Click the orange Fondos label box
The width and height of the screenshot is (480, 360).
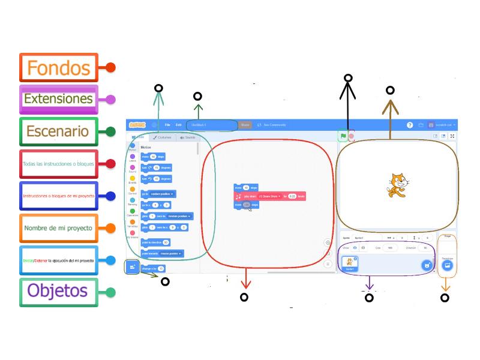tap(58, 67)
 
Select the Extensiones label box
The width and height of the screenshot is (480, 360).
tap(58, 99)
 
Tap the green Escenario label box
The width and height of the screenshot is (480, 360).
tap(58, 131)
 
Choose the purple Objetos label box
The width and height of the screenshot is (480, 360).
tap(58, 292)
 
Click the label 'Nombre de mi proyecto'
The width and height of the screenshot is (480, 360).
tap(58, 228)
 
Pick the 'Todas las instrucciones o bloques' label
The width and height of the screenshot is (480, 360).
tap(58, 164)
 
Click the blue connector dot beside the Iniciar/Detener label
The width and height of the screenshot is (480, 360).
tap(110, 260)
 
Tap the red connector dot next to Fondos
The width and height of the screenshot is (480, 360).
tap(110, 68)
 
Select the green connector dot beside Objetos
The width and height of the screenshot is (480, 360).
tap(110, 293)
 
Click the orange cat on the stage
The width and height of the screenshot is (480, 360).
tap(394, 185)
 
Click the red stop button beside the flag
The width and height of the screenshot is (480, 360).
tap(352, 136)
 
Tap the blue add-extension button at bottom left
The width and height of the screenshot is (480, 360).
tap(133, 266)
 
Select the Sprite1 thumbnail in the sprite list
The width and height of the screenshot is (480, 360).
tap(349, 263)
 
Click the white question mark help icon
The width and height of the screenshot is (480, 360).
tap(410, 125)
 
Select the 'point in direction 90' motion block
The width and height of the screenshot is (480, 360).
tap(155, 242)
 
